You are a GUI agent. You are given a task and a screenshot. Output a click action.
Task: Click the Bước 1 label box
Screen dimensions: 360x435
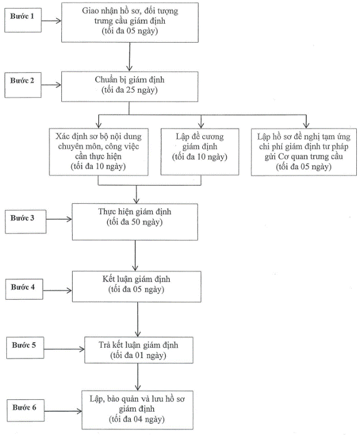coord(23,20)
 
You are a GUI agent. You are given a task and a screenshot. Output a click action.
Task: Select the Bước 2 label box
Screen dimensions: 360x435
coord(23,85)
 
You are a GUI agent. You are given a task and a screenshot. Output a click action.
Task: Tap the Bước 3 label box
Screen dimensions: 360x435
coord(26,221)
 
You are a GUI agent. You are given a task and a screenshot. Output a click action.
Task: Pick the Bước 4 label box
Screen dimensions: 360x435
coord(24,289)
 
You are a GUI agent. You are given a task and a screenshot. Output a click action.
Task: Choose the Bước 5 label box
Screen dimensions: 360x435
coord(25,348)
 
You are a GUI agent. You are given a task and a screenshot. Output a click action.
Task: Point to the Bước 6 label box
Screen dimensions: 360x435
coord(26,411)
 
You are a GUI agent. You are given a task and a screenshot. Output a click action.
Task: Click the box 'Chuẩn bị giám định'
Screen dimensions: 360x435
coord(130,86)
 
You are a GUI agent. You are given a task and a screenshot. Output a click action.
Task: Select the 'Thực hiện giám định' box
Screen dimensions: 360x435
coord(135,222)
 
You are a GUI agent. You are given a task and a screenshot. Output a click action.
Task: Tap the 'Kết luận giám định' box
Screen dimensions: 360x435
coord(136,286)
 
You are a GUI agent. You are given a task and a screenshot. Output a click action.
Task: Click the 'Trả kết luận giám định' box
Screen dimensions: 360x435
coord(139,350)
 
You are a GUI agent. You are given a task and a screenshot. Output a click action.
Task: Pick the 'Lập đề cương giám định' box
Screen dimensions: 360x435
coord(200,152)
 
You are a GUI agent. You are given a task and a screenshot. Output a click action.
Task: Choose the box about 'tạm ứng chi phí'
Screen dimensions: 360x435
coord(304,152)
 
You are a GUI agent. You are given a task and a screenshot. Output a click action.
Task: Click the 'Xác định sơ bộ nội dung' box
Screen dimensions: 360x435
coord(99,152)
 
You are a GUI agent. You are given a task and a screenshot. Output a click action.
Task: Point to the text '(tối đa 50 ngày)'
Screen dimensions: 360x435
coord(135,222)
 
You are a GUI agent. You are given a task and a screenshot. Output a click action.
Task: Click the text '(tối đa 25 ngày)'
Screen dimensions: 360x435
coord(130,90)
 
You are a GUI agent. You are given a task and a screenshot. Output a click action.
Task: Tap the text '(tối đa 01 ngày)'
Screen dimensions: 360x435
coord(138,355)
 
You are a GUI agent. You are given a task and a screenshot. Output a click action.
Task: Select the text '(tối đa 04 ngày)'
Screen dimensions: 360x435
coord(136,419)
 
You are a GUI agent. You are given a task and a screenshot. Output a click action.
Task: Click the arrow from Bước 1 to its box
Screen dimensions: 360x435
coord(51,21)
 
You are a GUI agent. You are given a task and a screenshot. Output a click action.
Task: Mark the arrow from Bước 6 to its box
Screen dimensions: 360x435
coord(63,411)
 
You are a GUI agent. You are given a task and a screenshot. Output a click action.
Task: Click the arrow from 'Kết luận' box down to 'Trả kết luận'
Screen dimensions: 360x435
coord(138,320)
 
